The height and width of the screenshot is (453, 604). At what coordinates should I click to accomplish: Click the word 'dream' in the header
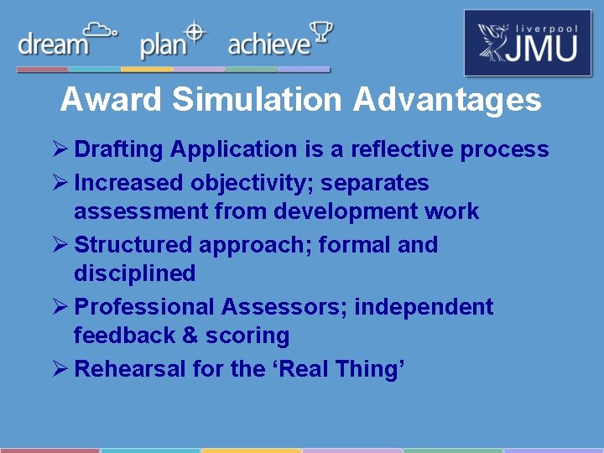pos(53,44)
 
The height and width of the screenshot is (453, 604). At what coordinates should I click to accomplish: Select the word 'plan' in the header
pos(163,45)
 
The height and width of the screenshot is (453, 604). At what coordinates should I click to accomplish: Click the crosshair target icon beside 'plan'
pos(195,33)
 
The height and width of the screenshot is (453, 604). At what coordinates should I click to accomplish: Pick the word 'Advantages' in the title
pos(447,100)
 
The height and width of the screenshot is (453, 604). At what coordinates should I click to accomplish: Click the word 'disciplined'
pos(134,273)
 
